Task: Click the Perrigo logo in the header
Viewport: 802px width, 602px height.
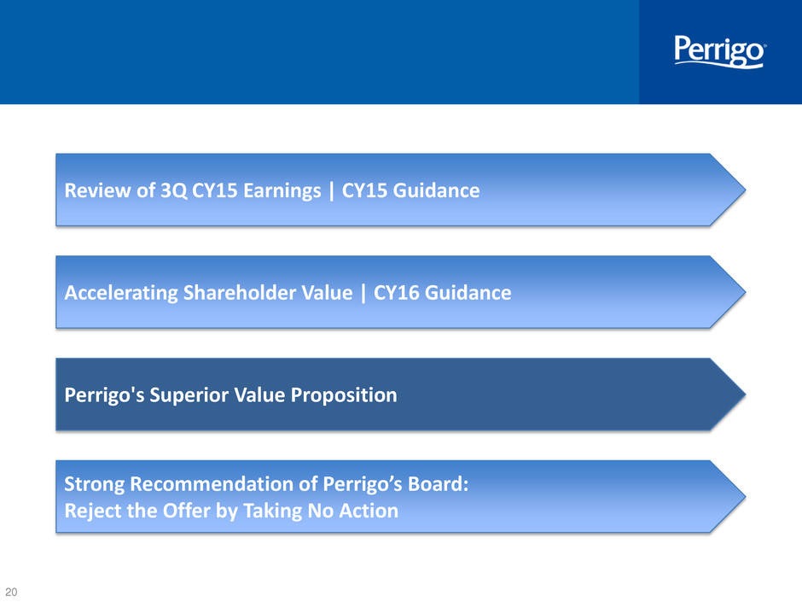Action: [719, 51]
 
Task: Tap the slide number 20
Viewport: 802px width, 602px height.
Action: [11, 592]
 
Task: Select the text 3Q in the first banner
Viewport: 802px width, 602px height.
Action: [174, 190]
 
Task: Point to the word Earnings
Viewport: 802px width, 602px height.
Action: [282, 191]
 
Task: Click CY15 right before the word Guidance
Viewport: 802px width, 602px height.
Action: [364, 190]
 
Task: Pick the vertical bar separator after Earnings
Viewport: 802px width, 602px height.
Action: [331, 191]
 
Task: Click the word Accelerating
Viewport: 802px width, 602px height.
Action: [121, 294]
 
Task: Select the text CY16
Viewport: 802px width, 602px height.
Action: [397, 293]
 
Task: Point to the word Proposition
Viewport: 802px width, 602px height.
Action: [344, 395]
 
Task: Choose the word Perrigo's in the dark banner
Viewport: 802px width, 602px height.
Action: [104, 395]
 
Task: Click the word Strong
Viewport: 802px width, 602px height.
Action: [94, 484]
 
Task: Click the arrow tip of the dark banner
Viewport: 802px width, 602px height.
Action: [744, 395]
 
